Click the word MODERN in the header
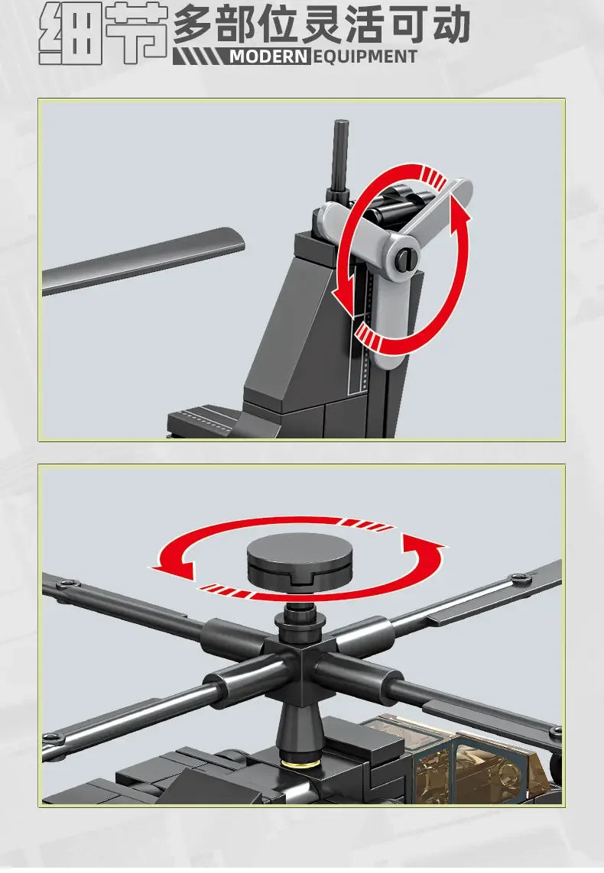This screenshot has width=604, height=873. coord(268,57)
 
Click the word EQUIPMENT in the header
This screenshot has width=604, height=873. coord(365,57)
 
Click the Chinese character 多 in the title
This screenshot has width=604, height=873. coord(192,24)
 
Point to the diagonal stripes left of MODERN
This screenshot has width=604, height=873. coord(200,57)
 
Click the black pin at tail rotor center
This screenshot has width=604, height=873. coord(406,257)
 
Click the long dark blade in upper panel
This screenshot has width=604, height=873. coord(143,260)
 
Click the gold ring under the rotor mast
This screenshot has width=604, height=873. coord(300,761)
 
